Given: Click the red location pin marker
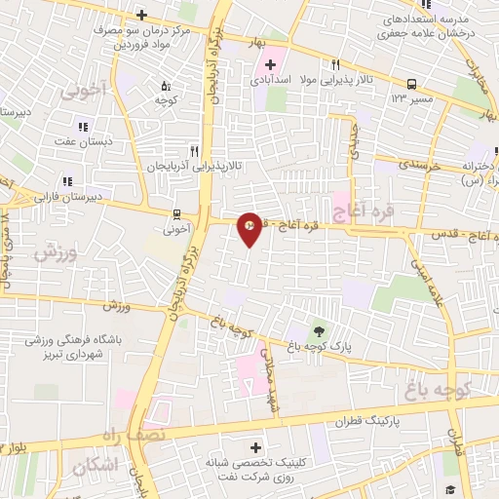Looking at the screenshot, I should pos(249,227).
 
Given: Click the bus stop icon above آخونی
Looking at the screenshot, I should pos(176,213).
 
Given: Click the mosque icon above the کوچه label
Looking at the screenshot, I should pos(164,85).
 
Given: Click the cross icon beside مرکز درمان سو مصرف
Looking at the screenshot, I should pos(141,15).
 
